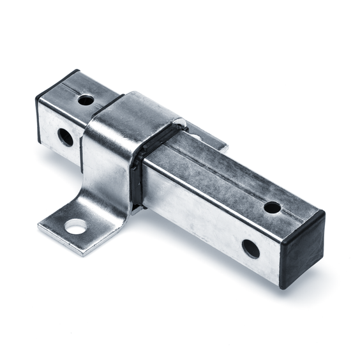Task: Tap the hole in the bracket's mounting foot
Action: (x=77, y=226)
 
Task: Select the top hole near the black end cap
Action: (x=272, y=207)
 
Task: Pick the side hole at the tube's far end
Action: (x=65, y=136)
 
